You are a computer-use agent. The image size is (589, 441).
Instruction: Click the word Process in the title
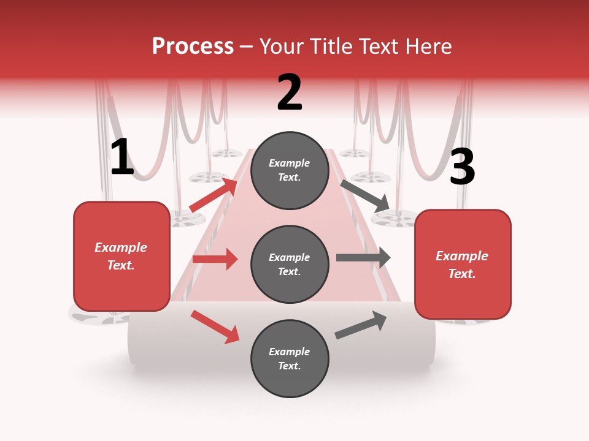pos(193,46)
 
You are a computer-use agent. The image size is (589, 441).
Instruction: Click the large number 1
pos(122,157)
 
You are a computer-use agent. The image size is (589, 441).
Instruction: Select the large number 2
pos(290,92)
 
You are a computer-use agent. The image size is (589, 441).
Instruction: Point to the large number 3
pos(462,167)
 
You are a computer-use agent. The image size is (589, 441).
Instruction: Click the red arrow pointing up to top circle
pos(214,195)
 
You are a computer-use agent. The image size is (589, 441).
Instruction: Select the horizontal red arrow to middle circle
pos(215,259)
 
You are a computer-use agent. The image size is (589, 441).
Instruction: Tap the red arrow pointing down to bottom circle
pos(215,326)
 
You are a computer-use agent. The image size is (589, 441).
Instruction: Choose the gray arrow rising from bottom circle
pos(361,325)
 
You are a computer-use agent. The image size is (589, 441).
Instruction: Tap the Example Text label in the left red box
pos(121,256)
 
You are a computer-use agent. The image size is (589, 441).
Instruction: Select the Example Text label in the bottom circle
pos(290,358)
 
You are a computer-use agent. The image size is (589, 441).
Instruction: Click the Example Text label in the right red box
pos(462,265)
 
